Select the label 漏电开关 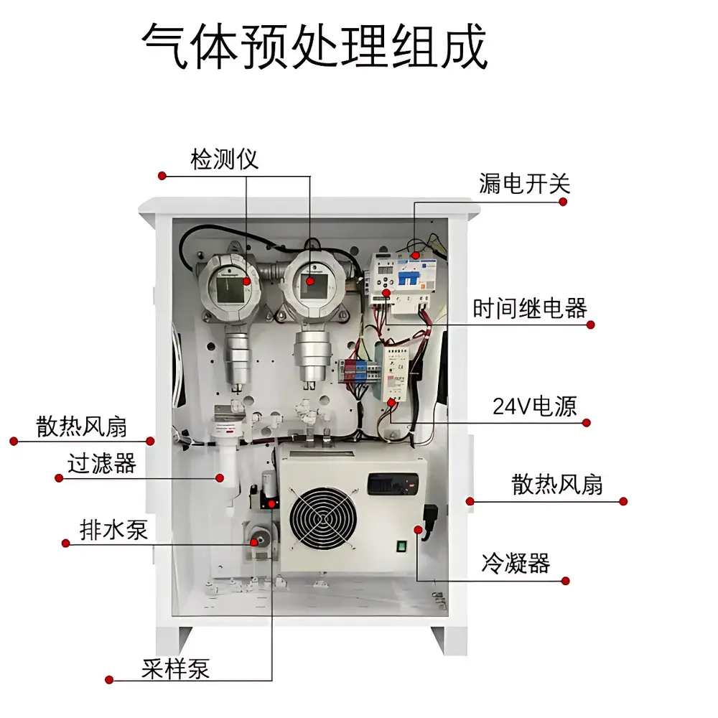524,184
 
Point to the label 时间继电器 530,309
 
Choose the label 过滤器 102,463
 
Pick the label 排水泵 114,530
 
